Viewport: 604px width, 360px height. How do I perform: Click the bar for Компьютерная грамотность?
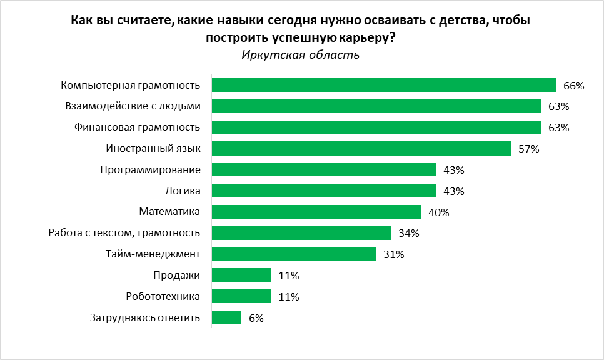click(x=383, y=85)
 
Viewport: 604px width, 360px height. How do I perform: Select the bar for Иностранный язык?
click(x=361, y=149)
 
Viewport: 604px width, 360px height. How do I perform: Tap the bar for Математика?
click(x=316, y=212)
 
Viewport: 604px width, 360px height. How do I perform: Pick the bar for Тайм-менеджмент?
click(x=294, y=254)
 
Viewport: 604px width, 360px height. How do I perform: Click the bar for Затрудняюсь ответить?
click(x=226, y=317)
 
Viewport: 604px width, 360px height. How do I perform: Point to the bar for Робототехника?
click(x=241, y=296)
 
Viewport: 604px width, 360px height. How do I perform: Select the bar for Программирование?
click(x=324, y=170)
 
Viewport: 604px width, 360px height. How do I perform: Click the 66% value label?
click(x=573, y=86)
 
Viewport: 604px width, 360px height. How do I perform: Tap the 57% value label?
click(x=528, y=149)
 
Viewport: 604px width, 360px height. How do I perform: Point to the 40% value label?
click(x=438, y=212)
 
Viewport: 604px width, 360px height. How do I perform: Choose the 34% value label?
click(x=408, y=234)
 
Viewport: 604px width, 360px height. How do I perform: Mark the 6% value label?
click(x=256, y=318)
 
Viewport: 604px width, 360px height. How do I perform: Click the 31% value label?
click(x=393, y=254)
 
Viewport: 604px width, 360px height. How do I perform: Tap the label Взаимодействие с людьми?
click(x=133, y=106)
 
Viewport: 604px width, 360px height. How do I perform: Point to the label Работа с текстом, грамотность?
click(x=124, y=233)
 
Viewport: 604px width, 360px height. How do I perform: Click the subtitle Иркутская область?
click(x=300, y=55)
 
